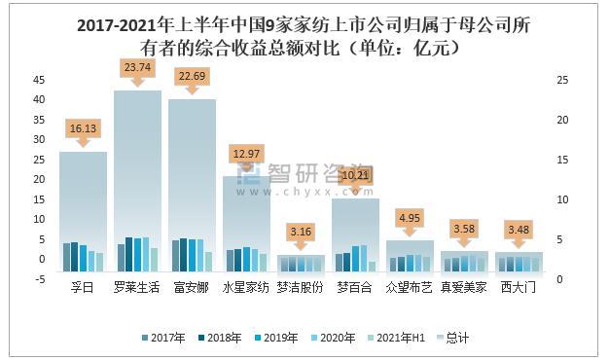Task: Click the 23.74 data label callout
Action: (x=137, y=67)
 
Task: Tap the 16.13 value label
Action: (x=83, y=127)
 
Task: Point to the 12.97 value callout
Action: (x=246, y=154)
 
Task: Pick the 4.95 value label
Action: (x=410, y=217)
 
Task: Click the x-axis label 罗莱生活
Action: (x=137, y=289)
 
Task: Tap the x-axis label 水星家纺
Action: (x=246, y=289)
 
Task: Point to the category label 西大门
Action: (x=519, y=289)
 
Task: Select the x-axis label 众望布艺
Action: (x=410, y=289)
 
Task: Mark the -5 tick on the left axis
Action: (x=37, y=279)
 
